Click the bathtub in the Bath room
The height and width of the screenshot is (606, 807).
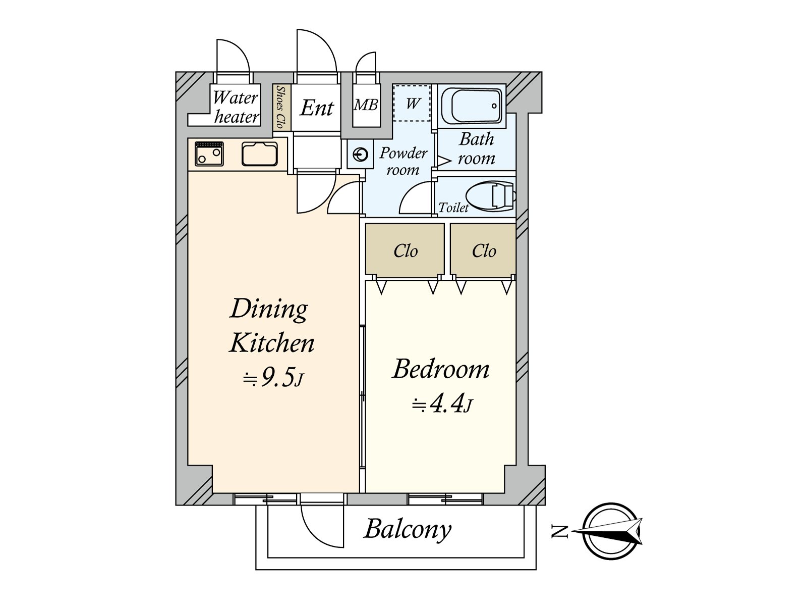[x=473, y=106]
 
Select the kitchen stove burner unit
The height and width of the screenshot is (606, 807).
[x=209, y=153]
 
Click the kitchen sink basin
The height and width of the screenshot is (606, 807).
[x=259, y=154]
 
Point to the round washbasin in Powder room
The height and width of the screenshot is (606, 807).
[x=361, y=154]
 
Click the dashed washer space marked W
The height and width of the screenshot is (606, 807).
[x=412, y=103]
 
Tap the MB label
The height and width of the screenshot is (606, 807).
[x=366, y=105]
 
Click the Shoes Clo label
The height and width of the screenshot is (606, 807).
[x=281, y=107]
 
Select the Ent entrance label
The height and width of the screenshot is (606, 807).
[x=317, y=108]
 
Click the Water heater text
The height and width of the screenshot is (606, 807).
[x=236, y=107]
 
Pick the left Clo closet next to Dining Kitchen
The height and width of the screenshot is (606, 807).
[x=405, y=250]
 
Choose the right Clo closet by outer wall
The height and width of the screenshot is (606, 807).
[x=483, y=250]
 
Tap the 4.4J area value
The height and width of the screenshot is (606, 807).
[x=442, y=405]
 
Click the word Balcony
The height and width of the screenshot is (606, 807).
[x=408, y=529]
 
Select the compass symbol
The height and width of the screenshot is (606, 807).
[x=611, y=531]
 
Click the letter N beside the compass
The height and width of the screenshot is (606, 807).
[x=559, y=531]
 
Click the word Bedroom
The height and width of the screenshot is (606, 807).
[x=441, y=369]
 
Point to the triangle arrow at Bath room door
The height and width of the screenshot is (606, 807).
[x=443, y=161]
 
